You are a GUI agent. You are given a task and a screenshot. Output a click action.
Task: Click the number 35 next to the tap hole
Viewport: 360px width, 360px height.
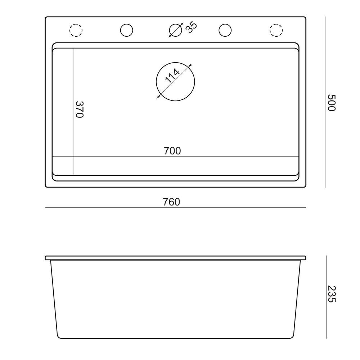[192, 27]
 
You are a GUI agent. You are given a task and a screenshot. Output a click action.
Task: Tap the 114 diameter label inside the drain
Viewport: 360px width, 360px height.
[172, 76]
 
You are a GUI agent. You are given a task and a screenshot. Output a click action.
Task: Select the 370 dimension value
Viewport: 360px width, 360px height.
[80, 109]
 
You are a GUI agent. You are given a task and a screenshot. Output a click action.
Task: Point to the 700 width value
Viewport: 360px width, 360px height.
[172, 151]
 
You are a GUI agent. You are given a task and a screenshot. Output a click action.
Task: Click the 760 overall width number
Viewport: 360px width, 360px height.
[171, 202]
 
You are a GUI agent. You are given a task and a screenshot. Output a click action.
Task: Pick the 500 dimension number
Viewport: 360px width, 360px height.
[331, 103]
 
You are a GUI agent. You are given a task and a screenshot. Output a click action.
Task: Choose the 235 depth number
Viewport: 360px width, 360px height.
[331, 294]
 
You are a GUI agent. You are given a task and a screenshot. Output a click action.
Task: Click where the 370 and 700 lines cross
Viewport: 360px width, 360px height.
[74, 156]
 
